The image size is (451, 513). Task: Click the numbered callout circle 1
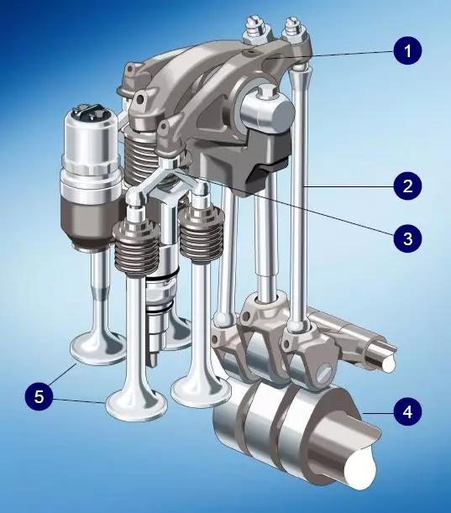click(x=407, y=50)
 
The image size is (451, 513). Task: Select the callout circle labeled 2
click(x=407, y=186)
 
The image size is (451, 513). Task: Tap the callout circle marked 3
click(x=407, y=238)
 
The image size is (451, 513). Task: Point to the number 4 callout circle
click(x=407, y=411)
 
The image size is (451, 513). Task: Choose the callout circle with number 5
click(x=39, y=396)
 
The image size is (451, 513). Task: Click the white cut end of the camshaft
click(x=360, y=469)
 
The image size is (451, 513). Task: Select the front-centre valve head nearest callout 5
click(x=136, y=406)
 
